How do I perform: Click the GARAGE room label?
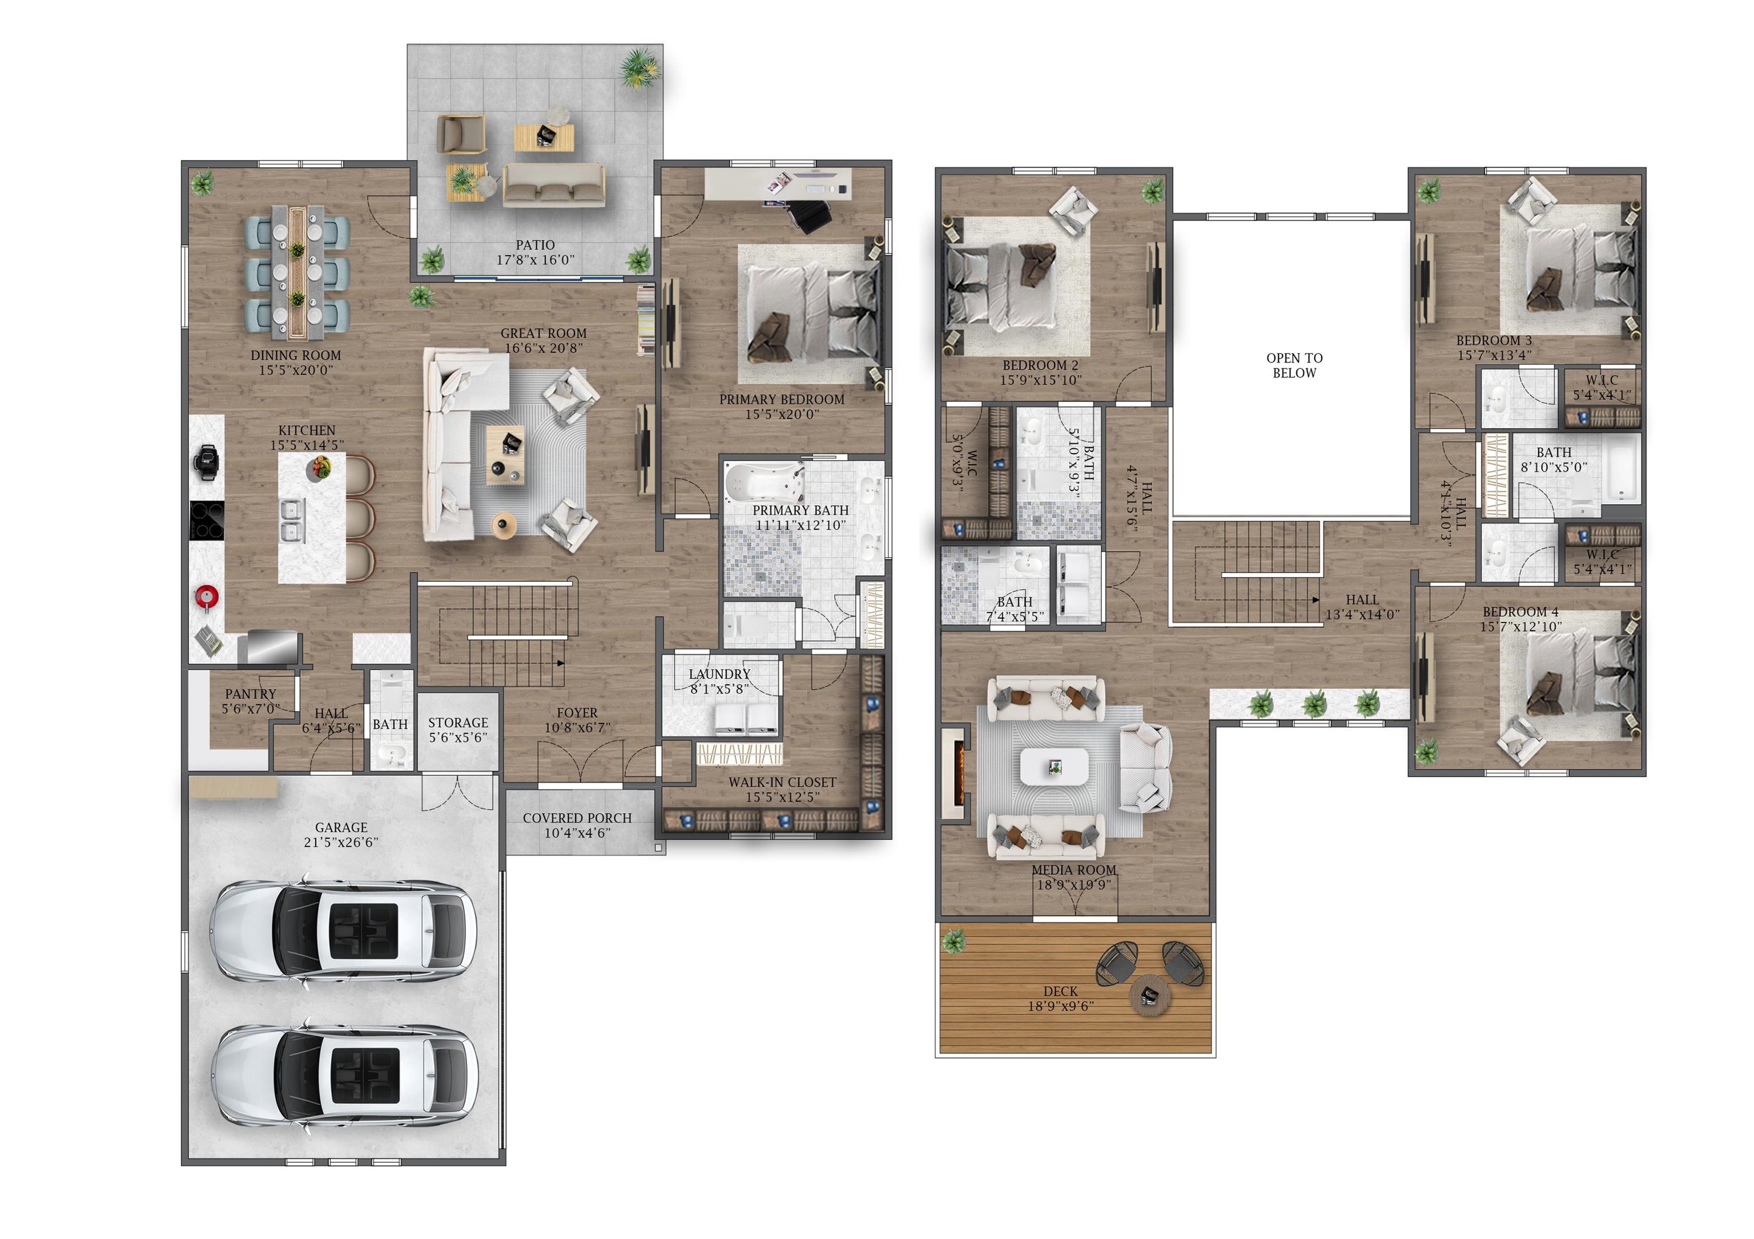coord(341,827)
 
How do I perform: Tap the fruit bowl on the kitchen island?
coord(319,466)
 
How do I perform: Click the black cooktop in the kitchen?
coord(207,520)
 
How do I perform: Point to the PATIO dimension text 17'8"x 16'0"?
coord(535,260)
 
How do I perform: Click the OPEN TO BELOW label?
coord(1294,365)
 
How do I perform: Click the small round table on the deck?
coord(1150,995)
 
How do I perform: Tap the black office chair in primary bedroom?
coord(811,214)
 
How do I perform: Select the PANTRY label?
coord(251,694)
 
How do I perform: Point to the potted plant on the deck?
coord(954,940)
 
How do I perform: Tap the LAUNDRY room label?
coord(719,674)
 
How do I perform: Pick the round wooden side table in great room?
coord(504,525)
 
